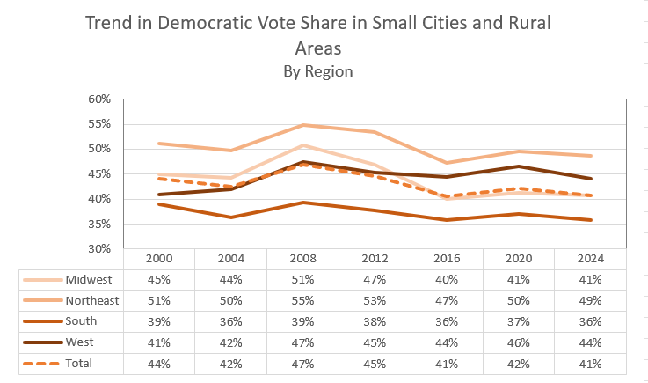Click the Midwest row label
[x=89, y=280]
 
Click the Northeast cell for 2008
[x=302, y=300]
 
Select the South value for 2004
[x=229, y=320]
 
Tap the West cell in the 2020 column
[x=517, y=342]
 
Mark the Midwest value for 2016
[x=446, y=280]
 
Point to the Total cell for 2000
[x=158, y=362]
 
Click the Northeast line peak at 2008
[x=302, y=125]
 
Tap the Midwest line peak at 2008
[x=302, y=145]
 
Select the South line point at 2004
[x=229, y=217]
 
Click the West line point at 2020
[x=517, y=166]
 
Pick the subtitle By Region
[x=318, y=71]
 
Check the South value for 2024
[x=589, y=320]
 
